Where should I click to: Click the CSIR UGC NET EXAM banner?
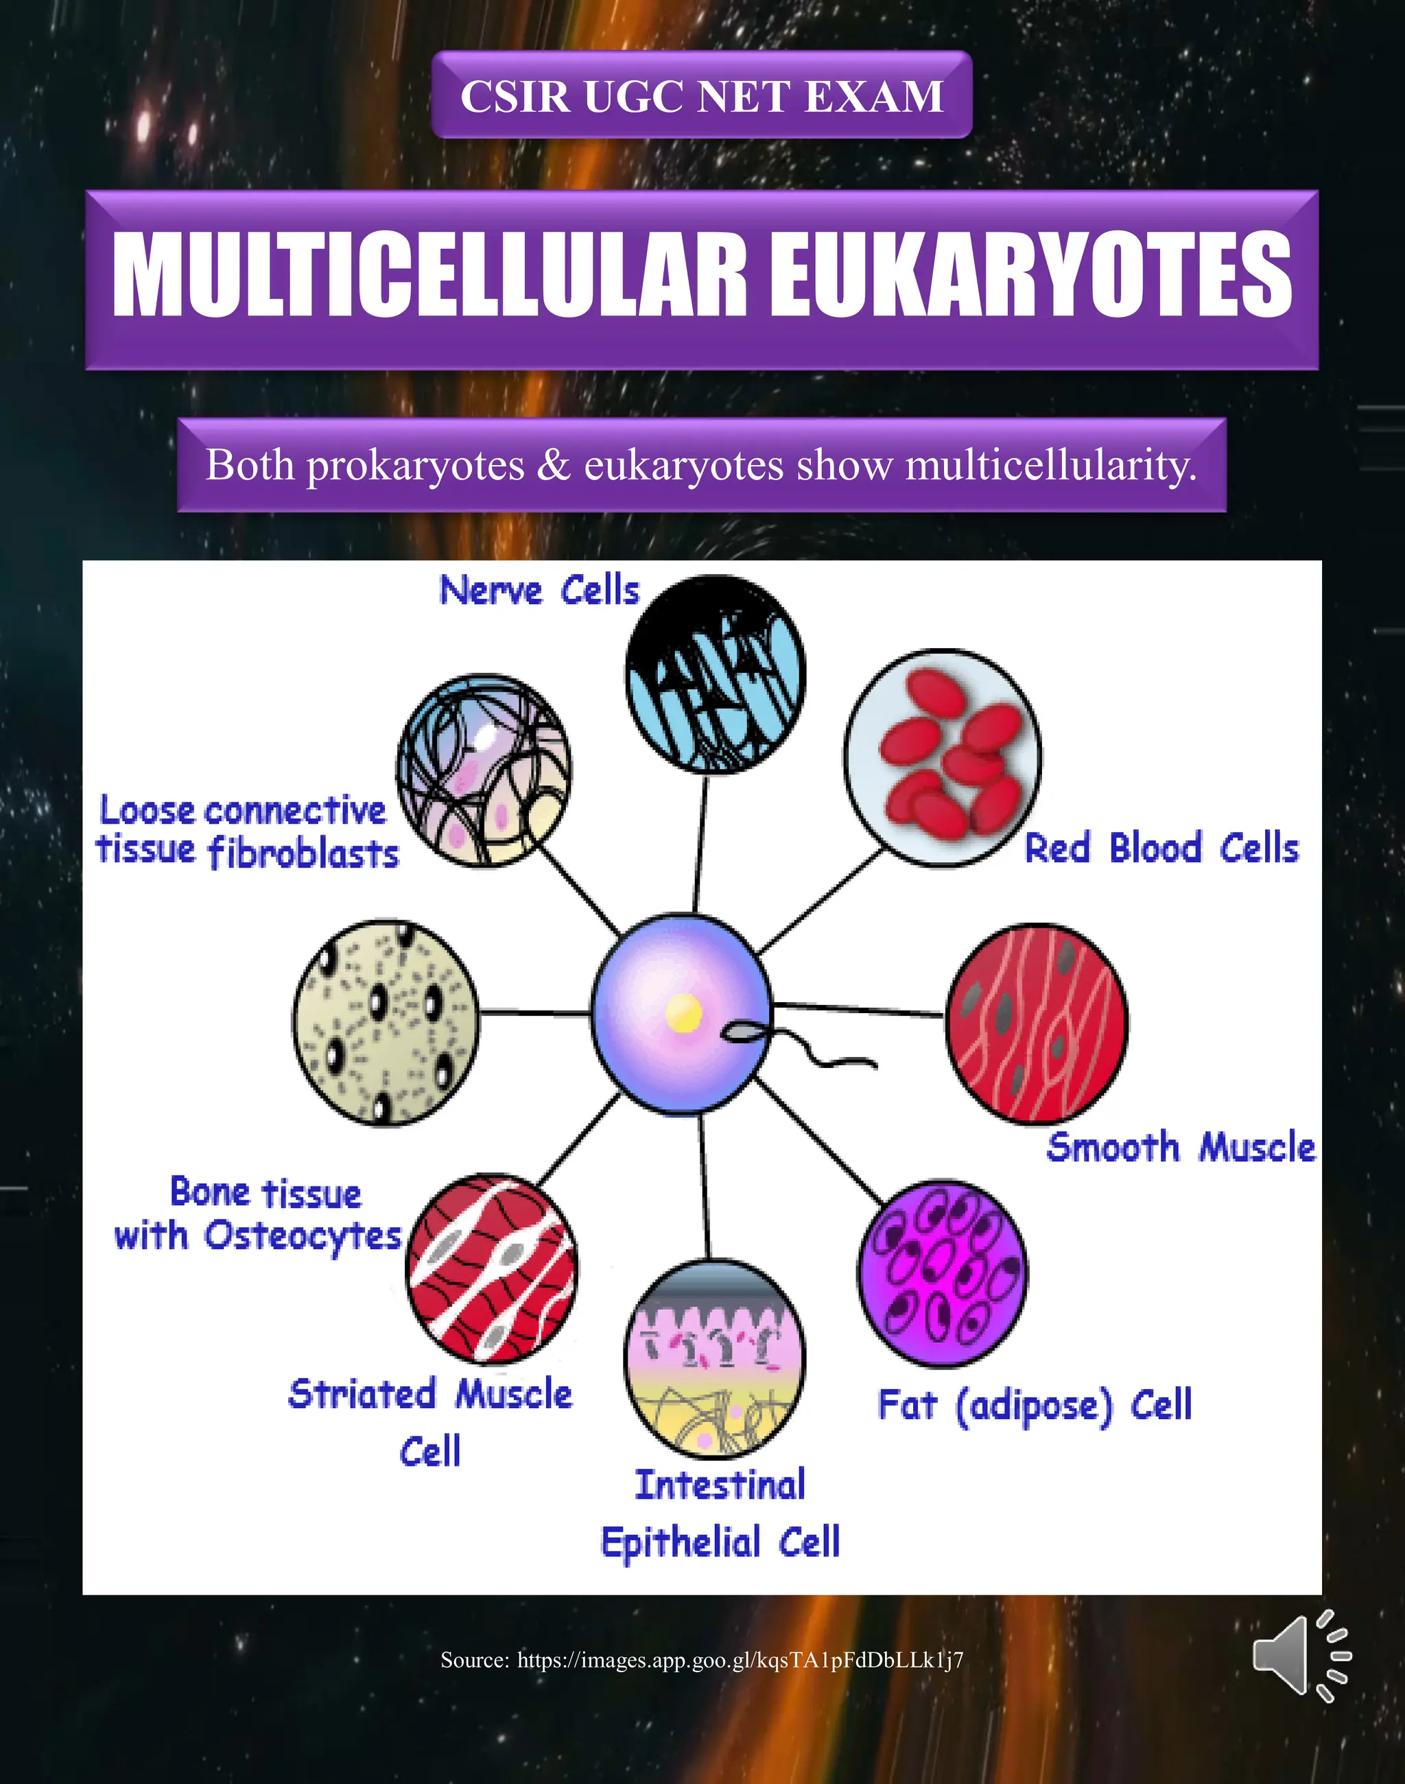pos(702,95)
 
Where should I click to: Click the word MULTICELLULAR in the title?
pos(428,274)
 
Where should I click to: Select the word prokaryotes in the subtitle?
pos(416,466)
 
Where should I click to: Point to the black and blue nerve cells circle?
pos(715,674)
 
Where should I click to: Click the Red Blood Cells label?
pos(1161,848)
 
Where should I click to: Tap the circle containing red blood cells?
pos(943,757)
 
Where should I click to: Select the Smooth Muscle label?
pos(1181,1147)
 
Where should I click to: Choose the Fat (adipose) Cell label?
pos(1035,1405)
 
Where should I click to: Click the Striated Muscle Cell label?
pos(430,1422)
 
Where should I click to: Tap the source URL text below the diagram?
pos(702,1660)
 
